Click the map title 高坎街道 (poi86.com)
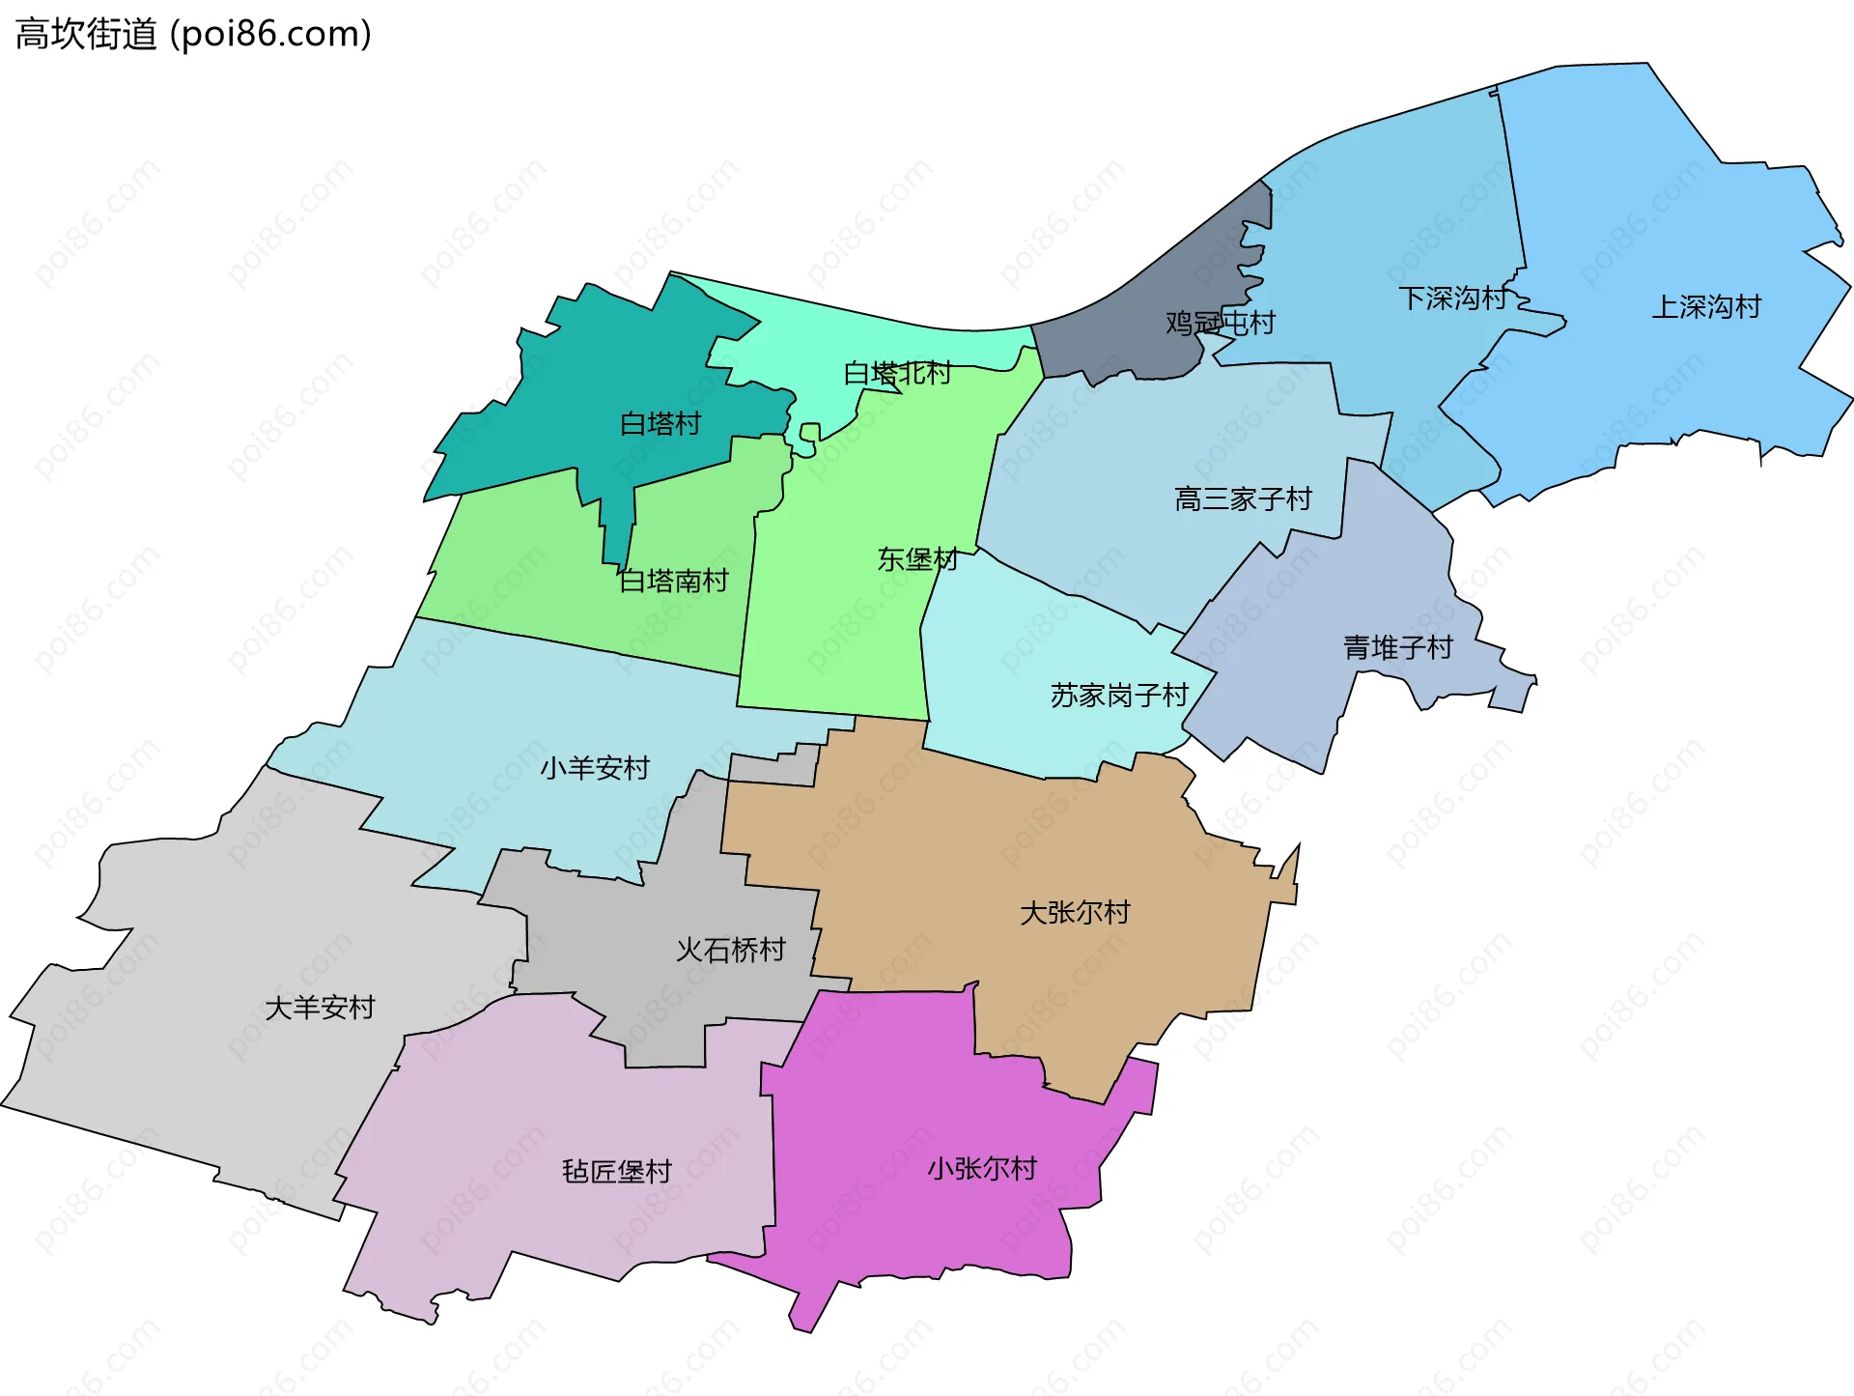pyautogui.click(x=193, y=35)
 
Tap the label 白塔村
pyautogui.click(x=660, y=423)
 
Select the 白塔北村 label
pyautogui.click(x=897, y=373)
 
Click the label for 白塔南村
pyautogui.click(x=673, y=581)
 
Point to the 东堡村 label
pyautogui.click(x=917, y=558)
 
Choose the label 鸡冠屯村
pyautogui.click(x=1221, y=323)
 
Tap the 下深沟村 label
pyautogui.click(x=1452, y=298)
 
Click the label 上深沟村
pyautogui.click(x=1706, y=306)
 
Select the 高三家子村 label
pyautogui.click(x=1243, y=499)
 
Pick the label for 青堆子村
pyautogui.click(x=1397, y=646)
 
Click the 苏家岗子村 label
pyautogui.click(x=1119, y=695)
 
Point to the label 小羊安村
pyautogui.click(x=595, y=768)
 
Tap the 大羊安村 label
pyautogui.click(x=320, y=1008)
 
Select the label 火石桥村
pyautogui.click(x=731, y=950)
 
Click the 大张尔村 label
pyautogui.click(x=1075, y=912)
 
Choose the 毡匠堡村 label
pyautogui.click(x=617, y=1171)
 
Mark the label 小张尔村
pyautogui.click(x=982, y=1168)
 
